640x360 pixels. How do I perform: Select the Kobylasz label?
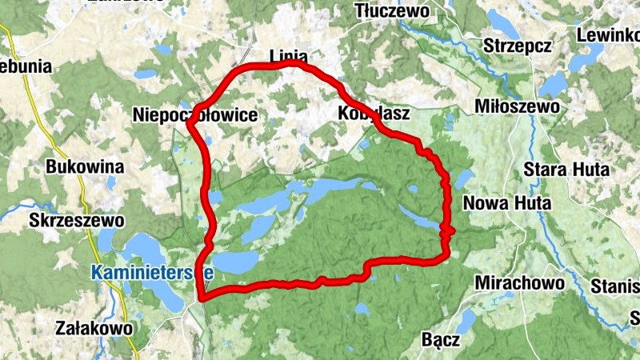point(374,114)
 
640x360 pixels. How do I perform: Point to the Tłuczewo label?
point(392,11)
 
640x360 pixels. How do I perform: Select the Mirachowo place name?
point(515,282)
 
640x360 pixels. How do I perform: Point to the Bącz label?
point(441,341)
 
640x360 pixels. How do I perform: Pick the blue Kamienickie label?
point(151,271)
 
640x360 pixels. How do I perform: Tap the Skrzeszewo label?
point(76,219)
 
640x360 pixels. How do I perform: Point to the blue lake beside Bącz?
point(467,320)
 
